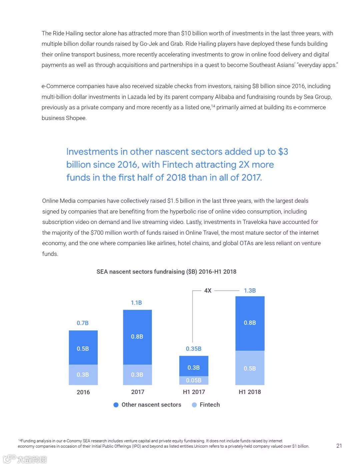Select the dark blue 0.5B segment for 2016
pos(83,347)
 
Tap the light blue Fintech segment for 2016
pos(83,375)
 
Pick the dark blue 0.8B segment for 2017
pos(137,337)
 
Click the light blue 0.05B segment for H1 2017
pos(194,380)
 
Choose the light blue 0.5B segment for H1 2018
pos(250,368)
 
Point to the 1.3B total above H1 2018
pos(250,291)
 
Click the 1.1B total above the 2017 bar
pos(136,303)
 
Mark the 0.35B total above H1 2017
pos(194,349)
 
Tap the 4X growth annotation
pos(208,291)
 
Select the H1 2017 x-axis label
pos(194,392)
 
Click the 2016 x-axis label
pos(83,392)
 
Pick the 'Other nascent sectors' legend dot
pos(116,405)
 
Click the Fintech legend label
pos(210,405)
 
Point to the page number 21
pos(339,446)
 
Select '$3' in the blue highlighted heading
pos(283,152)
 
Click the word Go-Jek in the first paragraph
pos(149,44)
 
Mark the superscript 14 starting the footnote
pos(19,440)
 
